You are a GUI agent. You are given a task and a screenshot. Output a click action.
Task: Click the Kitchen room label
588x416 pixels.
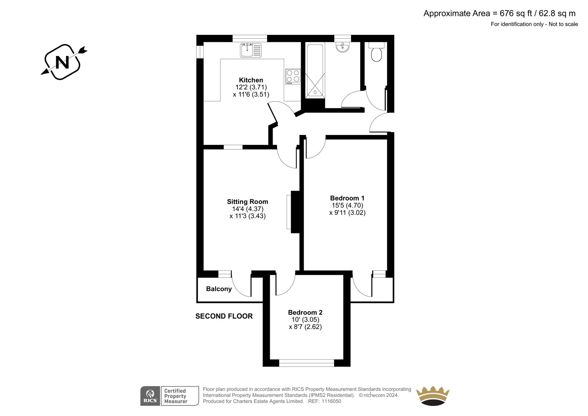pos(251,80)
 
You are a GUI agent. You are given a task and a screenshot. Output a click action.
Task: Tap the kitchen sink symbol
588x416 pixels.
pos(251,50)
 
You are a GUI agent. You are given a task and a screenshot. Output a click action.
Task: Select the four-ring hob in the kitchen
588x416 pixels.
pos(293,77)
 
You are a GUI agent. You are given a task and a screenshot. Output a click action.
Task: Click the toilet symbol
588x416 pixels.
pos(376,52)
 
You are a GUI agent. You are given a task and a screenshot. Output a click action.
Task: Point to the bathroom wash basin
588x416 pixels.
pos(343,47)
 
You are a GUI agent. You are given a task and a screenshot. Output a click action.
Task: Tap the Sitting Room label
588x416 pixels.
pos(248,202)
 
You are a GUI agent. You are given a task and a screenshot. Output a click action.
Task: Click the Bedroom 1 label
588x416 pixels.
pos(347,198)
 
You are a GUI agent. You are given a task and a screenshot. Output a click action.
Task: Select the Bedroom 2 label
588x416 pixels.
pos(305,313)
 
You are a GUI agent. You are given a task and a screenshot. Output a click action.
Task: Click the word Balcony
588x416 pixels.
pos(219,289)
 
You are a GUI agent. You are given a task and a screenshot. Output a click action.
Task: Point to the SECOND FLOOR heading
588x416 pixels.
pos(224,316)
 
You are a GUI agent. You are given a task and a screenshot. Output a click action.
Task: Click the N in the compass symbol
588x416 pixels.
pos(62,62)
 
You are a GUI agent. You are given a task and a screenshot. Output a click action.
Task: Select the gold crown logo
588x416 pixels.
pos(433,396)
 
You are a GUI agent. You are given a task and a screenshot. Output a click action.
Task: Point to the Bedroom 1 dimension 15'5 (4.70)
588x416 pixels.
pos(347,205)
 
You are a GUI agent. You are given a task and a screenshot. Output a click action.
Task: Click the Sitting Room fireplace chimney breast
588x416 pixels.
pos(295,212)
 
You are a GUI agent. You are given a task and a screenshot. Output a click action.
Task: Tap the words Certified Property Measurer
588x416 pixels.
pos(175,396)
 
